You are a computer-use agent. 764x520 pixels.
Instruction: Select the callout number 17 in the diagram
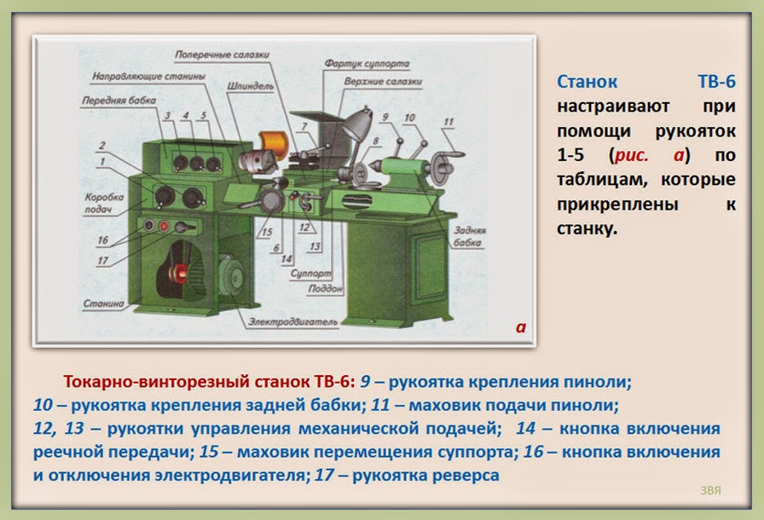(x=102, y=260)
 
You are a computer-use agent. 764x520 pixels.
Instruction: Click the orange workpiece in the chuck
(x=272, y=142)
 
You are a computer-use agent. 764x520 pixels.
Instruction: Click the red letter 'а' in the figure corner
(x=521, y=326)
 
